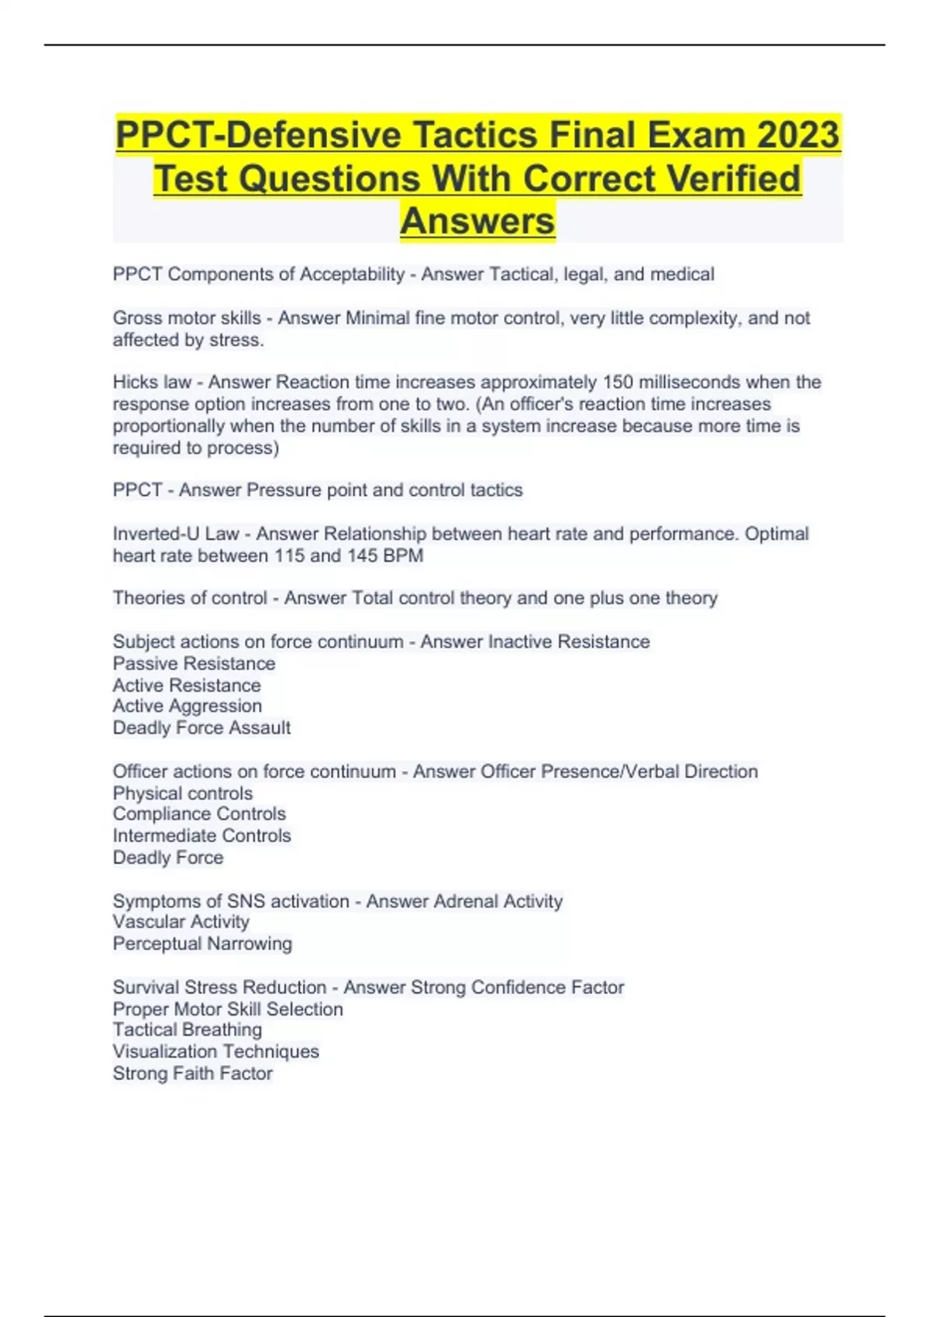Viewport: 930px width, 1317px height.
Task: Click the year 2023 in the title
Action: (x=798, y=135)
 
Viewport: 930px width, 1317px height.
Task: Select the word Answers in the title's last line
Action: (x=477, y=221)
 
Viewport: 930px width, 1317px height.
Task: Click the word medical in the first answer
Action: (x=682, y=274)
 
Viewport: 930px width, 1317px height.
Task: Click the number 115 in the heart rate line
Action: (x=290, y=555)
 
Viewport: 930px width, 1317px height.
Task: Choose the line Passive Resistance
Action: (x=194, y=663)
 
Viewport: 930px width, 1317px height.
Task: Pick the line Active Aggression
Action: (x=187, y=706)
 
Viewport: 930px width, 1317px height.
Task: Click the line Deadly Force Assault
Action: (x=201, y=727)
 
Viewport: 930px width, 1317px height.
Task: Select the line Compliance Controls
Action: (x=199, y=813)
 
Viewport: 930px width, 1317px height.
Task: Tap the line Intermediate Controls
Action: (x=201, y=835)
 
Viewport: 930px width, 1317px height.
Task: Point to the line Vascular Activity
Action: (x=181, y=921)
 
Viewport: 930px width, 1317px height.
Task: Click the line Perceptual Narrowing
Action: (x=202, y=944)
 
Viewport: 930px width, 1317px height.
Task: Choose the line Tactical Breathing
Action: (x=187, y=1030)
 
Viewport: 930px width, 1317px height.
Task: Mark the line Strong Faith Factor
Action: (x=192, y=1073)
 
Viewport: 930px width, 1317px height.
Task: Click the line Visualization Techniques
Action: (x=215, y=1051)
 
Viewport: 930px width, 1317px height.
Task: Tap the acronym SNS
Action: (x=246, y=901)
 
